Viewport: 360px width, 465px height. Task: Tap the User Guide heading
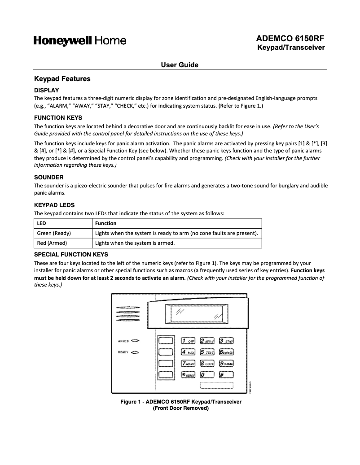point(180,65)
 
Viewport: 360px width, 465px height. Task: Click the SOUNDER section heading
point(49,177)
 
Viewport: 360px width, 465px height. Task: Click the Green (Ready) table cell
point(54,233)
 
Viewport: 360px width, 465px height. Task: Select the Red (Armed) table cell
point(52,243)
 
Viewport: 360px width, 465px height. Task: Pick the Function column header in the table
point(106,223)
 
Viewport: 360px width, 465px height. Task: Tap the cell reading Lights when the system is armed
point(135,243)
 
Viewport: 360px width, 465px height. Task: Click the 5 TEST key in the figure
point(207,352)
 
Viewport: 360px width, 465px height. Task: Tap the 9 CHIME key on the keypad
point(226,363)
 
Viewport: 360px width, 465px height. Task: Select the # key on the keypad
point(226,374)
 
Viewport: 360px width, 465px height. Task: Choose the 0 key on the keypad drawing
point(207,374)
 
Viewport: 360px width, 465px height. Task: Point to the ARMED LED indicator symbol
point(136,341)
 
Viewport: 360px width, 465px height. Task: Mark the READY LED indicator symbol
point(136,352)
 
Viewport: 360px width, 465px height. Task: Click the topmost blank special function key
point(166,341)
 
